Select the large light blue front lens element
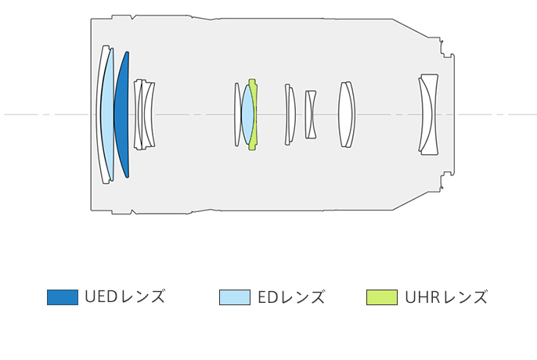pos(107,115)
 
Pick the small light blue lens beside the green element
pos(247,115)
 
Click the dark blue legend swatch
pos(63,297)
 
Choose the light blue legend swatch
pos(235,297)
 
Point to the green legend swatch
pos(382,297)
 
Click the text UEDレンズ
pos(125,297)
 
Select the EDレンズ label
pos(291,297)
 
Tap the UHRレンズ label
pos(446,297)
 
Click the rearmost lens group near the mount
pos(429,114)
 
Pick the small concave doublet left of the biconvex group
pos(311,115)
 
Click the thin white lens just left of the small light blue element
pos(236,115)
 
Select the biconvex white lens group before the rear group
pos(347,115)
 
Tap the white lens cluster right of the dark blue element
pos(144,115)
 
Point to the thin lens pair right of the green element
pos(290,115)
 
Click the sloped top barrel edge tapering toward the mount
pos(409,28)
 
